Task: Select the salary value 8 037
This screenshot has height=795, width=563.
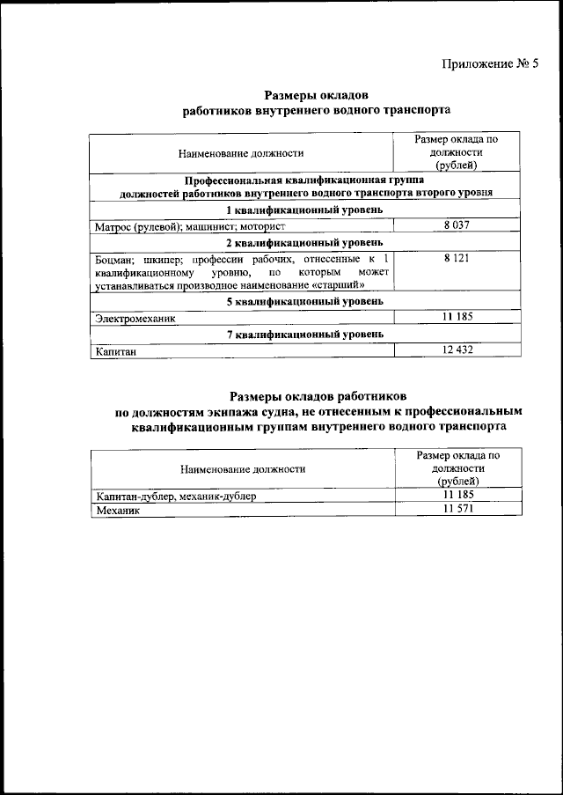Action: pos(457,226)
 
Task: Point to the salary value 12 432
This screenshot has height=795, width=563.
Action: pos(457,351)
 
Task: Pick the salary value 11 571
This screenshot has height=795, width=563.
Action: pos(457,510)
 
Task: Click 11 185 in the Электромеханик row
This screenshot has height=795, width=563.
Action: pos(457,317)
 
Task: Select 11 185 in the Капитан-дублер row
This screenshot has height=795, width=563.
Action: pos(457,496)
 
